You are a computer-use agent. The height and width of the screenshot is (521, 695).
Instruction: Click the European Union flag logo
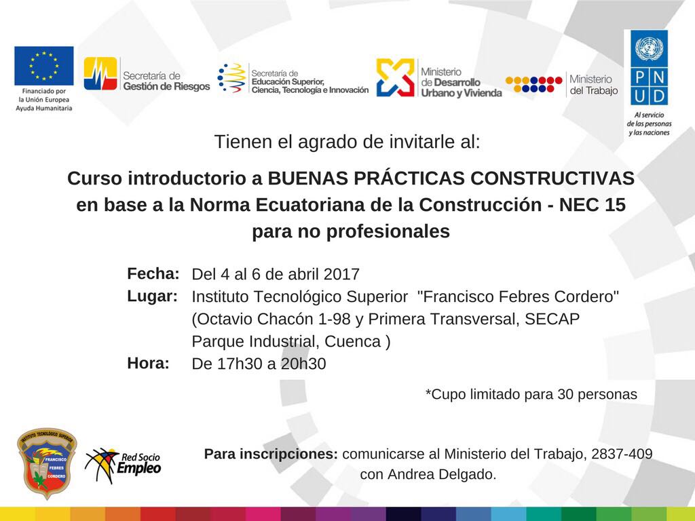(x=44, y=66)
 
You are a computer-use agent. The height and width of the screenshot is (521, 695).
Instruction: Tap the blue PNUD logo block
(x=649, y=67)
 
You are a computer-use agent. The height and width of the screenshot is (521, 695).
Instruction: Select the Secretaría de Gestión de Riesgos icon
(x=100, y=73)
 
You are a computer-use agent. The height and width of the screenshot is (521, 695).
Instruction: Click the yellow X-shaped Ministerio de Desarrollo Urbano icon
(x=396, y=77)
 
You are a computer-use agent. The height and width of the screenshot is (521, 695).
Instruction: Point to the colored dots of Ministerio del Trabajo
(x=533, y=84)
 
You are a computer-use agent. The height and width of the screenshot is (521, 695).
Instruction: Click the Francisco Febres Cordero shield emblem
(x=47, y=463)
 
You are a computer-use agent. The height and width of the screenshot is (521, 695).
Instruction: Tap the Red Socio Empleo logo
(x=124, y=465)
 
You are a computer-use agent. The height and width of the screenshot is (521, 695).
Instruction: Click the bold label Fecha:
(x=153, y=274)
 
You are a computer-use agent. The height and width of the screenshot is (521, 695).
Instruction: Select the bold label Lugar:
(x=153, y=296)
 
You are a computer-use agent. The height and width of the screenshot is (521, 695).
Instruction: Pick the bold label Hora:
(x=148, y=364)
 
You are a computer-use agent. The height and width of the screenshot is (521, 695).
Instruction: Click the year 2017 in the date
(x=341, y=274)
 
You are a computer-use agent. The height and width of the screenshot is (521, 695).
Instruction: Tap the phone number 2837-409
(x=622, y=454)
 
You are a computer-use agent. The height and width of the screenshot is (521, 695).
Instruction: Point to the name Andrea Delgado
(x=441, y=474)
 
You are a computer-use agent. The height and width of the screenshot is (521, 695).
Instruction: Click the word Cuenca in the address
(x=353, y=342)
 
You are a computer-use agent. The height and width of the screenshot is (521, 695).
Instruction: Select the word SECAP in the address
(x=552, y=319)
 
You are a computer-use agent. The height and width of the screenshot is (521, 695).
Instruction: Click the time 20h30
(x=303, y=364)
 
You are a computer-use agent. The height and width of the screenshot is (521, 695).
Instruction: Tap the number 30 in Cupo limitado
(x=565, y=394)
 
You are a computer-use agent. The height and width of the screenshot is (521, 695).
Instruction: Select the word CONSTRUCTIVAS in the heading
(x=552, y=178)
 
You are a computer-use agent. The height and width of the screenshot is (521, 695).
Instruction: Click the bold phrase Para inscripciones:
(x=271, y=454)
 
